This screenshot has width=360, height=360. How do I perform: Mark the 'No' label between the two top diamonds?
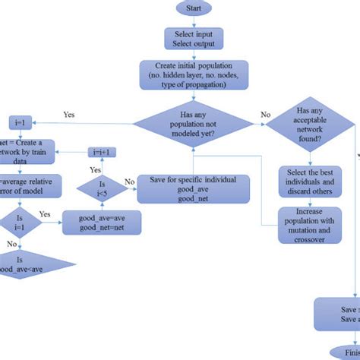point(265,116)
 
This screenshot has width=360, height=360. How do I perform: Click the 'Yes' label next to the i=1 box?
point(68,116)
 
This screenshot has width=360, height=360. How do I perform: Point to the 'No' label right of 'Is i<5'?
point(130,182)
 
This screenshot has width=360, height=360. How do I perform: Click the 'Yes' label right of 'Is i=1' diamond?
point(44,215)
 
